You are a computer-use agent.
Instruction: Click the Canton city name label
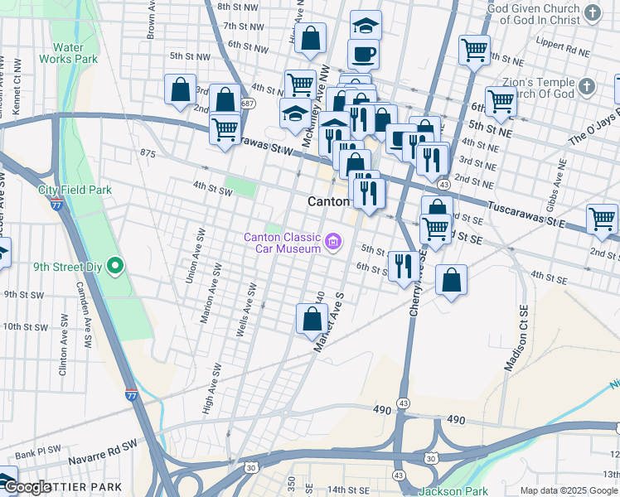[x=330, y=201]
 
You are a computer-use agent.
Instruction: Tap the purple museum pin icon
[x=333, y=243]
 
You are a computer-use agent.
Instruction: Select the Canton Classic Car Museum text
[x=282, y=243]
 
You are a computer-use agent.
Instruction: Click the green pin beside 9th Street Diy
[x=115, y=267]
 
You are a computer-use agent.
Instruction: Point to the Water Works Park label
[x=74, y=53]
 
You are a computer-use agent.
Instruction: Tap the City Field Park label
[x=75, y=190]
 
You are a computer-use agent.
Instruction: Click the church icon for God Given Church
[x=591, y=12]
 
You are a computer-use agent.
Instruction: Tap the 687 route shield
[x=248, y=103]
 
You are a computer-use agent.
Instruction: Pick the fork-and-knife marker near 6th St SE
[x=404, y=267]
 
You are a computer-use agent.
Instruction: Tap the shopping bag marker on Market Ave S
[x=312, y=319]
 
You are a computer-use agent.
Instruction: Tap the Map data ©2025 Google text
[x=569, y=490]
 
